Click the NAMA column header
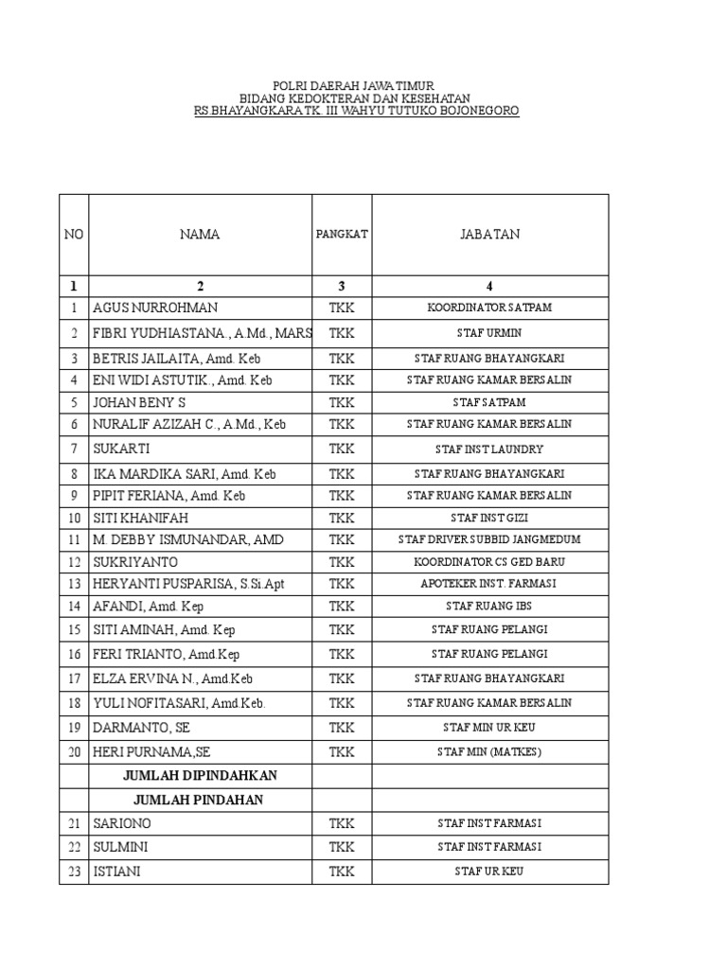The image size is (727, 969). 200,235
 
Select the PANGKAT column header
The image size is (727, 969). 342,235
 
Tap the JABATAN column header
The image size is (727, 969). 489,235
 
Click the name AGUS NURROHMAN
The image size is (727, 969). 155,308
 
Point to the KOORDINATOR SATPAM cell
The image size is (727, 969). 489,308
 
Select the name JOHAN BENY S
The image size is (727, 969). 139,402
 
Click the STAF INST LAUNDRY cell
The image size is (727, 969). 489,449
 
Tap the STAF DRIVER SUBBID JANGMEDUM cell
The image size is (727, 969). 489,539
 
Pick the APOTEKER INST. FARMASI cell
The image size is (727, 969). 489,584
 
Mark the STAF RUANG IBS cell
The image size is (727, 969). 489,606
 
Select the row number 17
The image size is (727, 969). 73,678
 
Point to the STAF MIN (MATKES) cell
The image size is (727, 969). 489,752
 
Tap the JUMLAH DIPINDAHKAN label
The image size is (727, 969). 200,775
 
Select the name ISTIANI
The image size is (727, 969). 116,872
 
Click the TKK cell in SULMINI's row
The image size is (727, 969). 342,847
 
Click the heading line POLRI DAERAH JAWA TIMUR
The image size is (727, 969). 356,86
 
